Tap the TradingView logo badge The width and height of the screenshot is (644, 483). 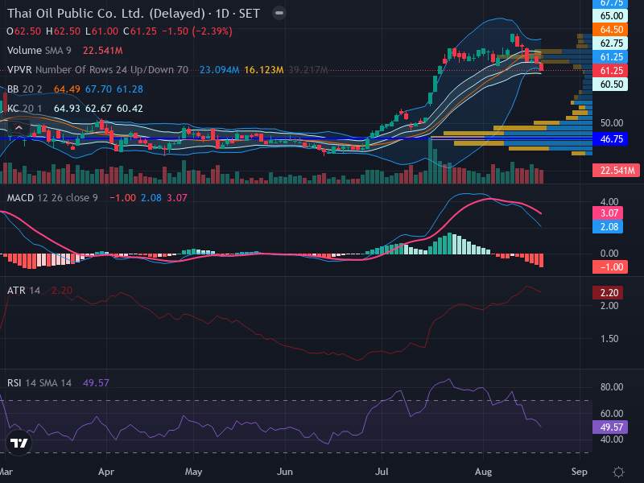click(19, 443)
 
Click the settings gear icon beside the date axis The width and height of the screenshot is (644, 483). click(618, 472)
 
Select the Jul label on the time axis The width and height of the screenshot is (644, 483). click(382, 472)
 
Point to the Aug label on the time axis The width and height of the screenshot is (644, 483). click(483, 472)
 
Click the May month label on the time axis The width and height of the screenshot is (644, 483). click(193, 472)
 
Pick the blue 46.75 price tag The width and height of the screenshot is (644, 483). click(610, 138)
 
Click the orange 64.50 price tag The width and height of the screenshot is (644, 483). click(610, 30)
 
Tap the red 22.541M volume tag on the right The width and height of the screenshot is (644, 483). click(616, 170)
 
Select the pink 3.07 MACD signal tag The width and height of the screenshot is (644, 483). click(608, 213)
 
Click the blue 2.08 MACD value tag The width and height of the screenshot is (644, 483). click(608, 227)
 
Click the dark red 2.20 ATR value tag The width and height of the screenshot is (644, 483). click(608, 292)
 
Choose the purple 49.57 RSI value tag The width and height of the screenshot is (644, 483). click(610, 427)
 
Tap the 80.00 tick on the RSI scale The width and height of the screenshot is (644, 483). click(612, 387)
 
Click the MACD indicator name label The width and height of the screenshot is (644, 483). click(20, 197)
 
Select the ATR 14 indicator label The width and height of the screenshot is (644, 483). click(23, 291)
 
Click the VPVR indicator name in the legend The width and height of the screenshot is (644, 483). click(19, 70)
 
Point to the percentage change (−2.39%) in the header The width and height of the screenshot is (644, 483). click(213, 31)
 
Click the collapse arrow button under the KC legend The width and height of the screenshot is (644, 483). click(19, 128)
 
